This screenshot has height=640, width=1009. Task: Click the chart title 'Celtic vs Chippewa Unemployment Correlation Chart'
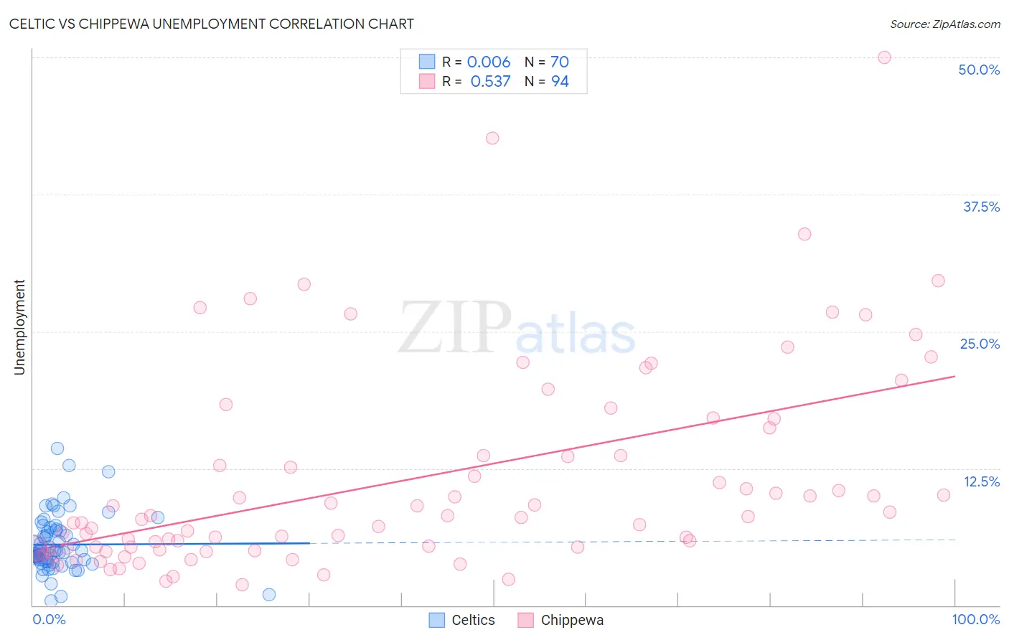point(211,24)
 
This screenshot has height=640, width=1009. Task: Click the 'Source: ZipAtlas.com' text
point(944,24)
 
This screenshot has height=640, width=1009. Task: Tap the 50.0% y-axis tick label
point(979,70)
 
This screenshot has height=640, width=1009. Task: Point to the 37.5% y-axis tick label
point(981,207)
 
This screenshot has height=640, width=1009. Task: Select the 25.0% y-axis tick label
point(980,344)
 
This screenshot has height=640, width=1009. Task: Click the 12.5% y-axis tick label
point(981,481)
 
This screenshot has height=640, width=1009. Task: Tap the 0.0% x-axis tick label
point(49,619)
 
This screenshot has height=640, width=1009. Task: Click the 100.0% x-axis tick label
point(975,619)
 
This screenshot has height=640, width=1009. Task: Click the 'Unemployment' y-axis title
point(19,327)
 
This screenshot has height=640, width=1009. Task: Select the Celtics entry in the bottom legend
point(462,620)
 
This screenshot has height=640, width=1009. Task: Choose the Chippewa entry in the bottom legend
point(561,620)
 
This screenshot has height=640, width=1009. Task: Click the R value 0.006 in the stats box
point(489,62)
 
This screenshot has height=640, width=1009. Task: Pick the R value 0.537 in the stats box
point(490,81)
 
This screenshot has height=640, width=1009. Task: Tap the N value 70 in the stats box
point(560,62)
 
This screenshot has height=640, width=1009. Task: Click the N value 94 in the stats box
point(560,81)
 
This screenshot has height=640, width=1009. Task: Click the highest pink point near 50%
point(884,57)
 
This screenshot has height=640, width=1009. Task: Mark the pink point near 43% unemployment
point(492,138)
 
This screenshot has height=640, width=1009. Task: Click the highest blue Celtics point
point(57,448)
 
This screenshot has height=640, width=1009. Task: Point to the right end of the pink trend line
point(954,376)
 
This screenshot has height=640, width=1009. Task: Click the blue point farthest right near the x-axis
point(269,594)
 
